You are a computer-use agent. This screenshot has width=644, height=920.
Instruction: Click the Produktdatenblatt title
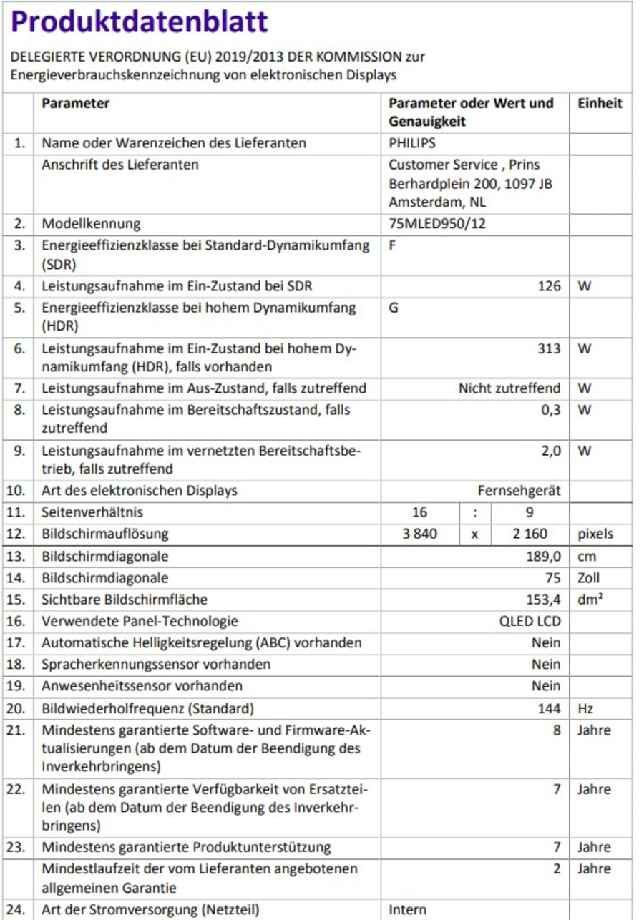[140, 22]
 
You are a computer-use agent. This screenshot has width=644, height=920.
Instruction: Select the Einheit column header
[600, 103]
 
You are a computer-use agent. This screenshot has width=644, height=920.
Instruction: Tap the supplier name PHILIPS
[412, 143]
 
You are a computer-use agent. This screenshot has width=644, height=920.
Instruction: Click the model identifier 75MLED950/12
[437, 224]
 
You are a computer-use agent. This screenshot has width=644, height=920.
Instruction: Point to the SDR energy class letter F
[392, 245]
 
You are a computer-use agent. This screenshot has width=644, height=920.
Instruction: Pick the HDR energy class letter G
[393, 308]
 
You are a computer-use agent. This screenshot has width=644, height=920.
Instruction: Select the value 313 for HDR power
[550, 349]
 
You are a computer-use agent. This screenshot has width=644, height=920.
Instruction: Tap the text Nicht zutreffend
[509, 388]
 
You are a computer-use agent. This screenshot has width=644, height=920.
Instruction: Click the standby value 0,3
[551, 411]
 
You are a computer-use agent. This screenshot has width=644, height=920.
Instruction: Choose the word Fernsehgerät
[519, 491]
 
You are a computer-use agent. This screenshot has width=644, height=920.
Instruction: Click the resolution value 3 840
[421, 534]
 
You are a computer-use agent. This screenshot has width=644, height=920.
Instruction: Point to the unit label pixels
[595, 534]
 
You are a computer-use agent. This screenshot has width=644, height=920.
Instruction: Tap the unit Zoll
[589, 578]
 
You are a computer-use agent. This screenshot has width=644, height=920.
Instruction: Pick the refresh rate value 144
[550, 709]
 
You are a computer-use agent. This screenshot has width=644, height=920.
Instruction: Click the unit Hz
[585, 709]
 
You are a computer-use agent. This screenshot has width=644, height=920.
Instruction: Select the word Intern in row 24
[408, 910]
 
